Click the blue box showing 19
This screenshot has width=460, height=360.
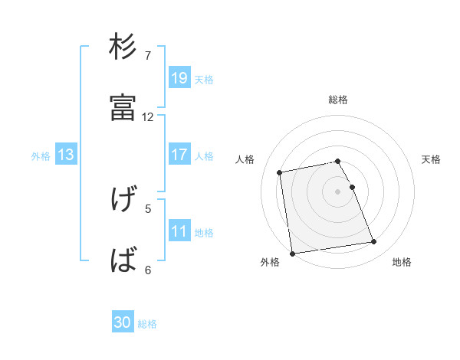[179, 77]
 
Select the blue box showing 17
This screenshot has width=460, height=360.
[179, 155]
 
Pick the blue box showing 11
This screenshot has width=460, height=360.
[179, 231]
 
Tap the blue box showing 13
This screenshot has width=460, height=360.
[66, 155]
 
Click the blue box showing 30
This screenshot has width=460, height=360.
[123, 322]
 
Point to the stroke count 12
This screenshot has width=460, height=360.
[148, 117]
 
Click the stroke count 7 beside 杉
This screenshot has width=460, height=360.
[148, 56]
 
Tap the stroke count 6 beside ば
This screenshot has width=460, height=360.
[148, 270]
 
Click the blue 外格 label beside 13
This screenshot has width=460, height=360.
[41, 155]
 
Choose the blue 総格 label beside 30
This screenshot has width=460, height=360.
[147, 324]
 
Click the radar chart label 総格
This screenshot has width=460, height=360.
[338, 100]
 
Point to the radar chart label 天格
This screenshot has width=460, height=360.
[431, 159]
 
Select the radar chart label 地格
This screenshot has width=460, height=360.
[402, 263]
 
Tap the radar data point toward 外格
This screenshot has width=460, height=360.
[292, 253]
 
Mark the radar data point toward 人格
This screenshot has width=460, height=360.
[280, 172]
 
